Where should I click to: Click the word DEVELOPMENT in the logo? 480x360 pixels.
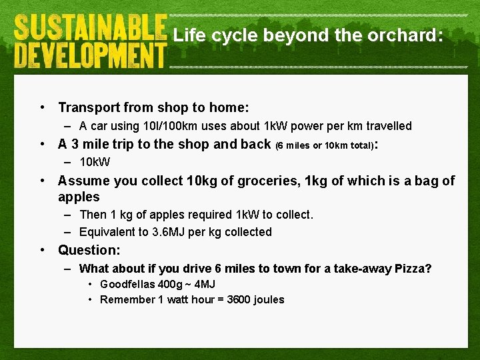coord(89,54)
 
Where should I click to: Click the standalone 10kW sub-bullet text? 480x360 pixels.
coord(95,162)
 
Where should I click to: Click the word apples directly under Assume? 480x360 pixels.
coord(79,197)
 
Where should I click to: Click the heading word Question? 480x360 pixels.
coord(89,251)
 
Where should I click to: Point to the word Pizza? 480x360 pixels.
coord(413,269)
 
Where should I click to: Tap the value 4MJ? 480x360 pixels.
coord(203,285)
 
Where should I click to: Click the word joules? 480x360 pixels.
coord(269,300)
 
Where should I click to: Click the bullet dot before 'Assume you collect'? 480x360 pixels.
coord(43,181)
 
